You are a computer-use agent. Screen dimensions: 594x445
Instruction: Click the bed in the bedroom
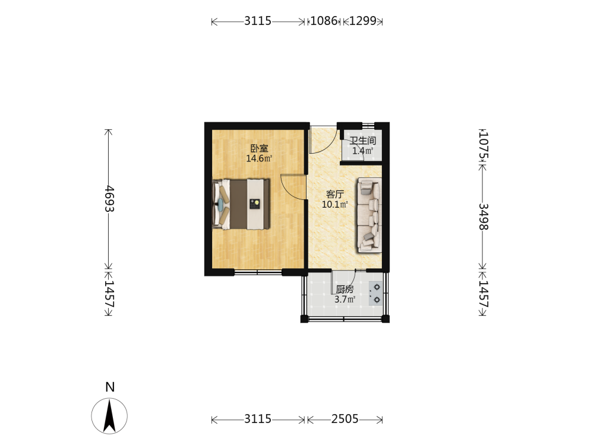pos(241,204)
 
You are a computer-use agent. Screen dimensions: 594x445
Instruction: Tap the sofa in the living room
pos(369,215)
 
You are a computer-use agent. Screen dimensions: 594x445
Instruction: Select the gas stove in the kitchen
pos(375,294)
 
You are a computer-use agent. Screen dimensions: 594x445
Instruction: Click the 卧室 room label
pos(259,148)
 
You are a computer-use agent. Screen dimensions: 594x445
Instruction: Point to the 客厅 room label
pos(335,195)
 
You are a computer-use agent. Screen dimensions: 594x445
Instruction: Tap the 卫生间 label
pos(362,141)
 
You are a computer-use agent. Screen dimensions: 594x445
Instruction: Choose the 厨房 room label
pos(345,290)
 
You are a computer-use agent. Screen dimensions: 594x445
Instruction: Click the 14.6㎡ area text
pos(259,158)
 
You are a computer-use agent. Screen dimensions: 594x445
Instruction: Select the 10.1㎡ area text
pos(335,205)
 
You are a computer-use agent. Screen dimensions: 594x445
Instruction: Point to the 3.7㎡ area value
pos(345,300)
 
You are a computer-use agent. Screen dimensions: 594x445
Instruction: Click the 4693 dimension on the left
pos(109,199)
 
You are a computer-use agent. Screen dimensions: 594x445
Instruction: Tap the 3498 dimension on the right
pos(484,217)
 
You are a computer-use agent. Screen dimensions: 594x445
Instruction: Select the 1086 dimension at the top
pos(324,20)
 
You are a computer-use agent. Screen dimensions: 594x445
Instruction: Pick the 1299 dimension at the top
pos(362,20)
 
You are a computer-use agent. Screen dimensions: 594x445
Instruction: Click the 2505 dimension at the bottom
pos(345,419)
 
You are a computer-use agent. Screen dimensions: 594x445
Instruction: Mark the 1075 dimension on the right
pos(484,146)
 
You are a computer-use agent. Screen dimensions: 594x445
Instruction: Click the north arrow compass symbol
pos(109,416)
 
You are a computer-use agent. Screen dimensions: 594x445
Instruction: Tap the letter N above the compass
pos(110,387)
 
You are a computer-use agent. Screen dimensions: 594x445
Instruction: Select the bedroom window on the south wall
pos(258,272)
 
